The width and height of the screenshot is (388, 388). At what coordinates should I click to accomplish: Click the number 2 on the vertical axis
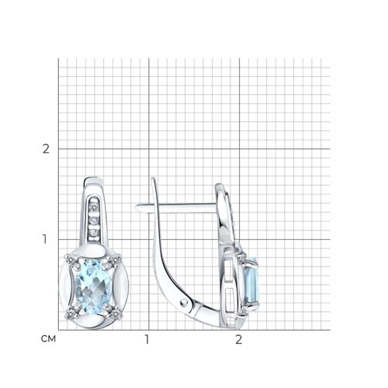(46, 149)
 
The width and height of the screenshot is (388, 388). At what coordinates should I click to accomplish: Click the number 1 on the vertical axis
(45, 239)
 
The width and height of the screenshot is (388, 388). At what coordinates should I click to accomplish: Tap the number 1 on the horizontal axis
(147, 340)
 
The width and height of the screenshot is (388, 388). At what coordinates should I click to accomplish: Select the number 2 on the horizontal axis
(238, 340)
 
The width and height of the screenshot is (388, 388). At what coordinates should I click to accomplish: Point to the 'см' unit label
(48, 339)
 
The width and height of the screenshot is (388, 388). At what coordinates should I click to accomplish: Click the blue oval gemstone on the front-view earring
(93, 287)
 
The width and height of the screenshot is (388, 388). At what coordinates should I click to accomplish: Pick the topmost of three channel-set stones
(94, 207)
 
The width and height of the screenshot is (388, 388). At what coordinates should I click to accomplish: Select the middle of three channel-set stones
(94, 220)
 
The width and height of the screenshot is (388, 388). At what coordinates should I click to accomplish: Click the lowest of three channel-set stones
(93, 233)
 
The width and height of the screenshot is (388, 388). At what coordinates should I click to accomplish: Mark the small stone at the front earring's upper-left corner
(70, 259)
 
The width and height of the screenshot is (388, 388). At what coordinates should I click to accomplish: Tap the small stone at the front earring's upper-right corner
(115, 258)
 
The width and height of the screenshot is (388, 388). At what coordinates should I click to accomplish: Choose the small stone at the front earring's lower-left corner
(70, 314)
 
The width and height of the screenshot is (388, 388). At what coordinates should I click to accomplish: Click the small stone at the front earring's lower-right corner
(115, 314)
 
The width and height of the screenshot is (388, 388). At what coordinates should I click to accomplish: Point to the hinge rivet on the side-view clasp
(184, 302)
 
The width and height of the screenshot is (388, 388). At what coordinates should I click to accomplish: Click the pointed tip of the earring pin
(137, 206)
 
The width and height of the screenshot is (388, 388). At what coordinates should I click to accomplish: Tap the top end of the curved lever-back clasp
(153, 178)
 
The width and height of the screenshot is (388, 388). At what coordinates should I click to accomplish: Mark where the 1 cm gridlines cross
(149, 239)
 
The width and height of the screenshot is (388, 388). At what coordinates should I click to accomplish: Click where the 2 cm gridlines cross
(240, 149)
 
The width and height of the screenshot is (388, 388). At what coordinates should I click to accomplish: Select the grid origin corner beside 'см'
(58, 330)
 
